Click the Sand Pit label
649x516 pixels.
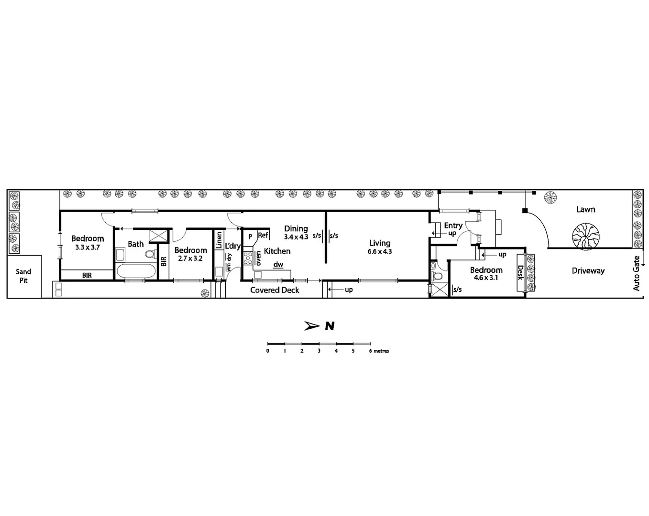click(23, 276)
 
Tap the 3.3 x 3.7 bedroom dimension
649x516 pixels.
click(88, 247)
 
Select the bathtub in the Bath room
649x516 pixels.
click(136, 271)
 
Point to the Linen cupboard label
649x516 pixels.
click(219, 240)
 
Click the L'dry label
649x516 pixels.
click(233, 246)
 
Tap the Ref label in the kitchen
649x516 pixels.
click(263, 235)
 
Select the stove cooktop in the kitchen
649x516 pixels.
click(248, 258)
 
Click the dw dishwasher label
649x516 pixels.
click(278, 265)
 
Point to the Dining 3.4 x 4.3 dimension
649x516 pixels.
click(296, 237)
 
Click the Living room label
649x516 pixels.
click(380, 243)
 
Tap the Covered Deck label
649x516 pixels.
click(275, 290)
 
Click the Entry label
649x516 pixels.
click(453, 226)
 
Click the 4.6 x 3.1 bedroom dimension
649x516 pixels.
click(486, 278)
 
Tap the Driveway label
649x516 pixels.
click(588, 271)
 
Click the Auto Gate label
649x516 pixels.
click(636, 274)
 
